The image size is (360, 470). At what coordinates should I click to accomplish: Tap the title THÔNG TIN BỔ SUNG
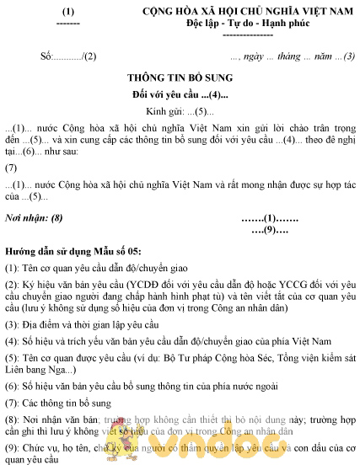pos(179,76)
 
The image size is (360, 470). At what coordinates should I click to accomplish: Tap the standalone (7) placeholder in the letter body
pos(11,167)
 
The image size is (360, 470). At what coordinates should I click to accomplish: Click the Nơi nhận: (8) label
pos(34,218)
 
